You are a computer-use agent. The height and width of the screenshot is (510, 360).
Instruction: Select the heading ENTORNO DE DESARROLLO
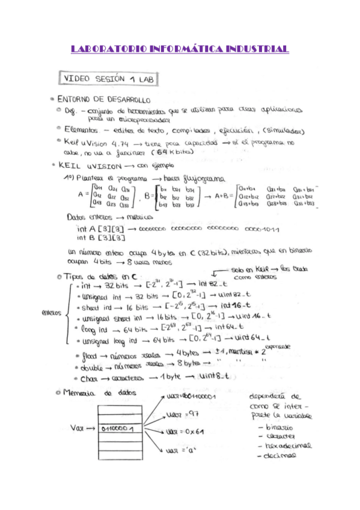103,99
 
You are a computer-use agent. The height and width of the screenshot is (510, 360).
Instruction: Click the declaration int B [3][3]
99,238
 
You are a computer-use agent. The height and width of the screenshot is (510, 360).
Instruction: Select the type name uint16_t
253,316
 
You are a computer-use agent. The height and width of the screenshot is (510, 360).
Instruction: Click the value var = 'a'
178,448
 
